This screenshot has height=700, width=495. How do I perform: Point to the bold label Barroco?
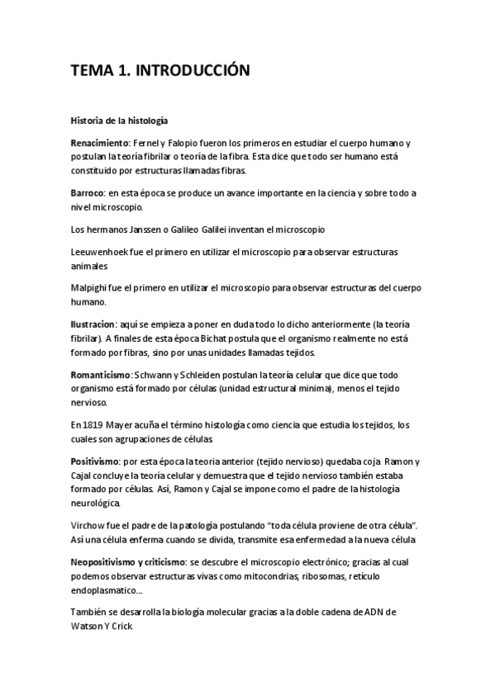coord(88,192)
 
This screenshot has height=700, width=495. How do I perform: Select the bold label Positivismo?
coord(95,460)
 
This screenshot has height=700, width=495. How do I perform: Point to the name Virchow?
coord(88,525)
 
